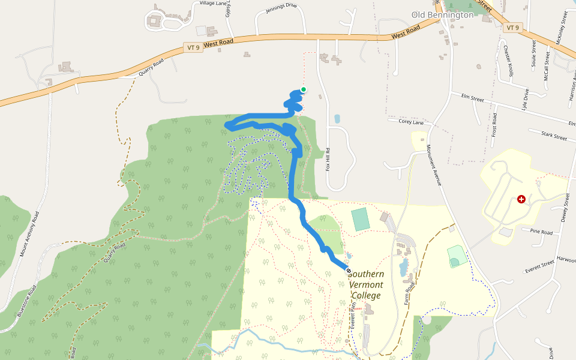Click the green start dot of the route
[304, 90]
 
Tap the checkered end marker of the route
[349, 271]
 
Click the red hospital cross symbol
[521, 199]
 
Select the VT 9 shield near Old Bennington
[512, 28]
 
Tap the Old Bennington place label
[443, 14]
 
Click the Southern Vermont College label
[367, 284]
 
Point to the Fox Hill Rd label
[328, 160]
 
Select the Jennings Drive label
[281, 8]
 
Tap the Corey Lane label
[411, 122]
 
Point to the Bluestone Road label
[28, 300]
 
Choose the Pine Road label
[541, 231]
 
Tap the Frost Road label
[494, 124]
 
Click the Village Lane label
[214, 4]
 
